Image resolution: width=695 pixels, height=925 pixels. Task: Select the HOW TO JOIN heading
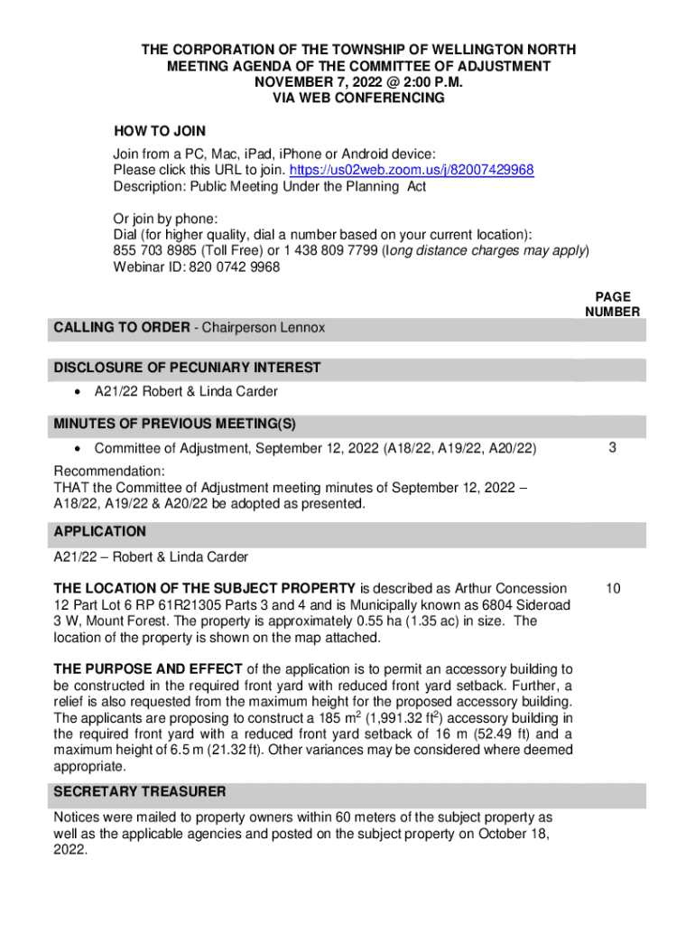(x=159, y=132)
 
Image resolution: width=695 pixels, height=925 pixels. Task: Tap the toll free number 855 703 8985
(x=147, y=250)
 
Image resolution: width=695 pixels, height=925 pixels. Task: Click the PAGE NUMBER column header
(x=612, y=304)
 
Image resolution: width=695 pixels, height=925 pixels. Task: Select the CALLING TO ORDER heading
(x=121, y=328)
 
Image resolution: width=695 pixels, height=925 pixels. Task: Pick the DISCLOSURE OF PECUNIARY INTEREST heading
(x=187, y=368)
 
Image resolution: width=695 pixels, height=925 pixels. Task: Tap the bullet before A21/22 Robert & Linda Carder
(x=79, y=392)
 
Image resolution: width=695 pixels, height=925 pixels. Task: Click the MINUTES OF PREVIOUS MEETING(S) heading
(x=175, y=424)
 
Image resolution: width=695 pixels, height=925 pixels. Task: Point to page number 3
(x=612, y=448)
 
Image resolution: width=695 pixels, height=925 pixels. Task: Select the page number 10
(x=612, y=589)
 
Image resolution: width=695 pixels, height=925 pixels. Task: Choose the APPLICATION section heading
(x=99, y=532)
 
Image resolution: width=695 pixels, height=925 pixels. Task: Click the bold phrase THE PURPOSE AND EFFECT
(x=147, y=669)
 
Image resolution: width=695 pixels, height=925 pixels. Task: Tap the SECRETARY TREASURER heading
(x=140, y=792)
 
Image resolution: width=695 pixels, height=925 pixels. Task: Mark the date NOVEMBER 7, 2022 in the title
(x=311, y=82)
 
